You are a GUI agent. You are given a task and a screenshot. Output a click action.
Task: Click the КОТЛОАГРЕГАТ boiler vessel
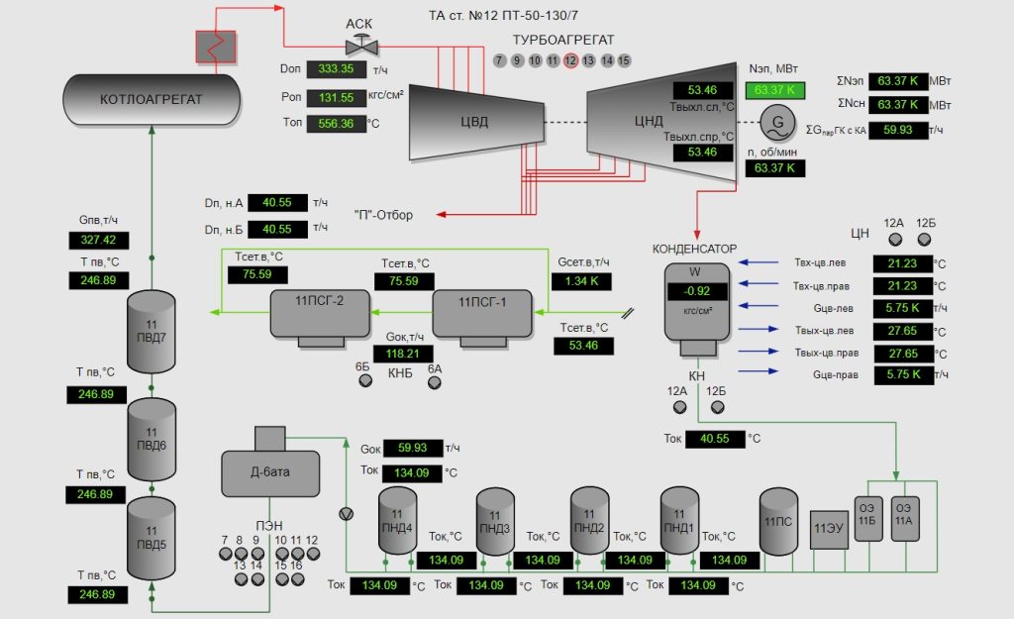pos(151,100)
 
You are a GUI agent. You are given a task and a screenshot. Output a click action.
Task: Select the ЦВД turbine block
pos(473,123)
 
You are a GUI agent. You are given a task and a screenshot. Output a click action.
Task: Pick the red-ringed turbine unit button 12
pos(570,60)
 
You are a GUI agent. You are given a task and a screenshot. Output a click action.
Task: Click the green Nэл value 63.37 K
pos(774,90)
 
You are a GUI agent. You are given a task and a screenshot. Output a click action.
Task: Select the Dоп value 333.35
pos(336,69)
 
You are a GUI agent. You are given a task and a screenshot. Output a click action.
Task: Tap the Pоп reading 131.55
pos(336,98)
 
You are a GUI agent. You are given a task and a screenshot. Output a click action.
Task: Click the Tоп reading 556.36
pos(336,124)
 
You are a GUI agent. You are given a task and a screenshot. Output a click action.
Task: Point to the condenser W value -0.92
pos(697,291)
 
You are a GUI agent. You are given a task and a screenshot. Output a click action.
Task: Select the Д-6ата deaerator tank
pos(269,472)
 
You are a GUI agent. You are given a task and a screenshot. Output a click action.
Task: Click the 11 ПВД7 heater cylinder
pos(152,333)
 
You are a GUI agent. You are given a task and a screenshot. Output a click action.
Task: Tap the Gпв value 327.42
pos(98,240)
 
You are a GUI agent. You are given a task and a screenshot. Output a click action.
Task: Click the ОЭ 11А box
pos(905,519)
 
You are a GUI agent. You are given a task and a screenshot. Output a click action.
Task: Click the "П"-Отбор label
pos(383,215)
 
